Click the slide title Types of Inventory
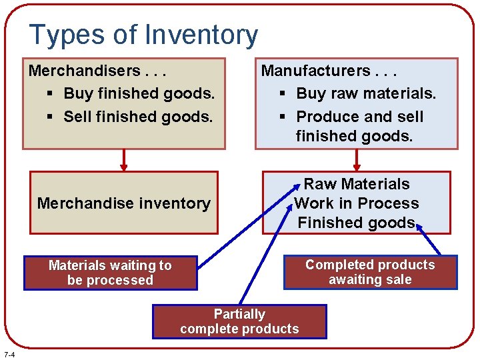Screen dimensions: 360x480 click(143, 35)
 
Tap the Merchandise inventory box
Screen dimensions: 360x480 click(123, 203)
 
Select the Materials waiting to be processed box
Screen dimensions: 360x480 click(110, 273)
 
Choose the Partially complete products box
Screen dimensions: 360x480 click(239, 321)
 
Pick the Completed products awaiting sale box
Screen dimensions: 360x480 click(370, 272)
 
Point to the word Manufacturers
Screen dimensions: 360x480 click(315, 71)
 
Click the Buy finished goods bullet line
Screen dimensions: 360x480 click(139, 93)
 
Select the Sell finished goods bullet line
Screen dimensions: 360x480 click(138, 117)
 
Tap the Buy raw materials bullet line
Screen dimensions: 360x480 click(365, 93)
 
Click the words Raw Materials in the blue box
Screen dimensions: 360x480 click(357, 184)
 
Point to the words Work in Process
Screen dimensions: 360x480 click(357, 203)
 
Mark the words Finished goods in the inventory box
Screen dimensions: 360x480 click(356, 223)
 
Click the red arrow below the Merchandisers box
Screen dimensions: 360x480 click(123, 160)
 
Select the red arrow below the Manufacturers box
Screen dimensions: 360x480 click(357, 160)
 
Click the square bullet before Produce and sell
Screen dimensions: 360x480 click(283, 117)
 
